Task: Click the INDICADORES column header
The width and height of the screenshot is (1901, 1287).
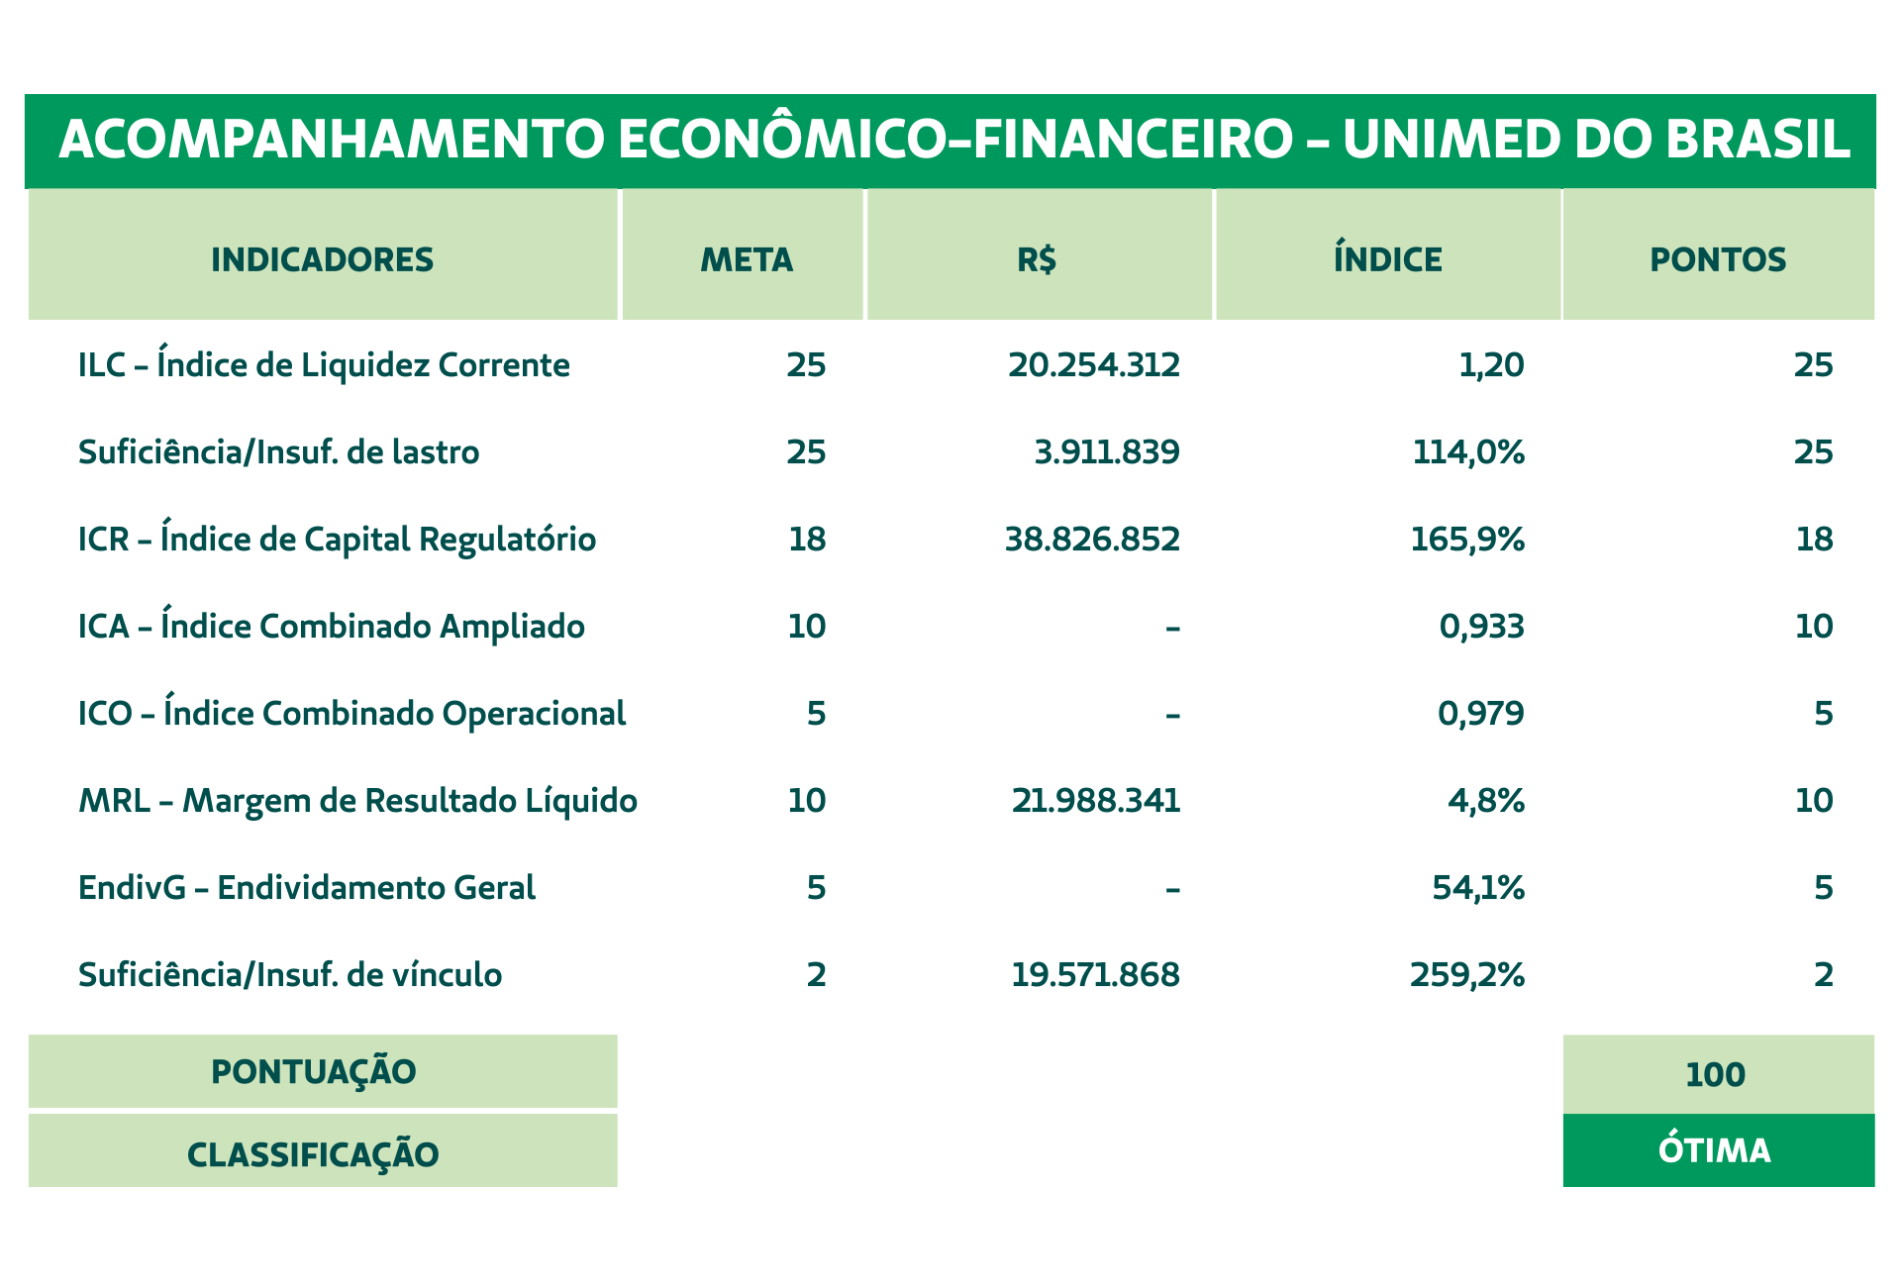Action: [x=323, y=259]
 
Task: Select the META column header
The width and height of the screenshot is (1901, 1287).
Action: [x=747, y=259]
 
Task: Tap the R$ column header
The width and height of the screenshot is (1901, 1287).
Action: [x=1037, y=259]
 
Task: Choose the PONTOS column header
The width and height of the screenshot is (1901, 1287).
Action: [x=1718, y=259]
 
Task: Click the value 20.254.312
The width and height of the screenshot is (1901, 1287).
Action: [x=1094, y=365]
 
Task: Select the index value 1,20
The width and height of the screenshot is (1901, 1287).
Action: [x=1492, y=366]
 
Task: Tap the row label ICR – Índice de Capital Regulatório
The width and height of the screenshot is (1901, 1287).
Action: [x=338, y=539]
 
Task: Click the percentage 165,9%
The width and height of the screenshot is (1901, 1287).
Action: [x=1467, y=540]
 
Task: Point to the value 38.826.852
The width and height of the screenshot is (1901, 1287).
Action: [x=1092, y=540]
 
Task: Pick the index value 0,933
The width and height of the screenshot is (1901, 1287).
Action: [x=1481, y=627]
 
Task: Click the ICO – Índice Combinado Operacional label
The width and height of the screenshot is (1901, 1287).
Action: [x=351, y=713]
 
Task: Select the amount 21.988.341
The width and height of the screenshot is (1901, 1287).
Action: [x=1096, y=801]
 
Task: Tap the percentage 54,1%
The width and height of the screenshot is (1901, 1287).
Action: [x=1478, y=888]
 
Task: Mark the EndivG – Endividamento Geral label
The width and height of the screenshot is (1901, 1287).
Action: [x=307, y=887]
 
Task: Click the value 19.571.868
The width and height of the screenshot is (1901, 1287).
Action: [x=1095, y=975]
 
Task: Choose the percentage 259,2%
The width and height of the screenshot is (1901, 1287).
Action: [x=1467, y=975]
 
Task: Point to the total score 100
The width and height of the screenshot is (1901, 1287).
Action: [x=1715, y=1074]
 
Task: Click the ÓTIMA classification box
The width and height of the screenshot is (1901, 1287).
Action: [x=1719, y=1150]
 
